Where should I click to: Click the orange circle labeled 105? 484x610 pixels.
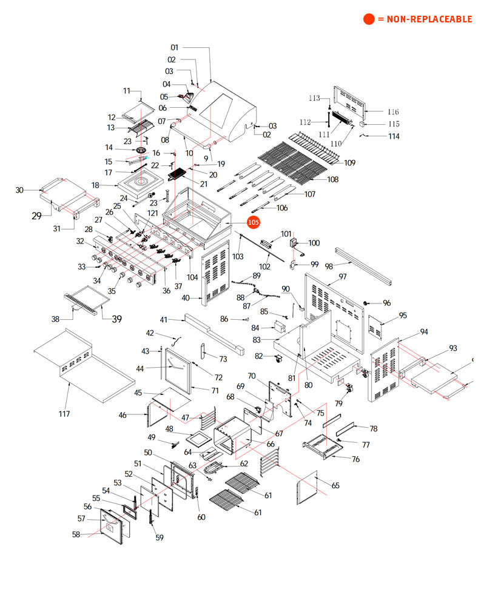click(253, 223)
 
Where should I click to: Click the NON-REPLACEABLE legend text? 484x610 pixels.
click(425, 19)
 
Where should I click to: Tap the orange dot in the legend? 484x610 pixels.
click(369, 19)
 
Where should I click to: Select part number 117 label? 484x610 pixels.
click(64, 414)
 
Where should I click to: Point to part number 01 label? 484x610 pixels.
click(175, 47)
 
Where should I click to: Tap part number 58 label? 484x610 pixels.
click(76, 534)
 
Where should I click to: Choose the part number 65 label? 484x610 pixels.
click(335, 485)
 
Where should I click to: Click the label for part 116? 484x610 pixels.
click(393, 112)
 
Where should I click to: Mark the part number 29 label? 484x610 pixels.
click(36, 216)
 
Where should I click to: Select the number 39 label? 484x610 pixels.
click(116, 319)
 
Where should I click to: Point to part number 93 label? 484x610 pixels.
click(452, 348)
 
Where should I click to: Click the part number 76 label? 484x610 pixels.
click(356, 459)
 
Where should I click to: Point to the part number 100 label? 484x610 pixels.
click(314, 243)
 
